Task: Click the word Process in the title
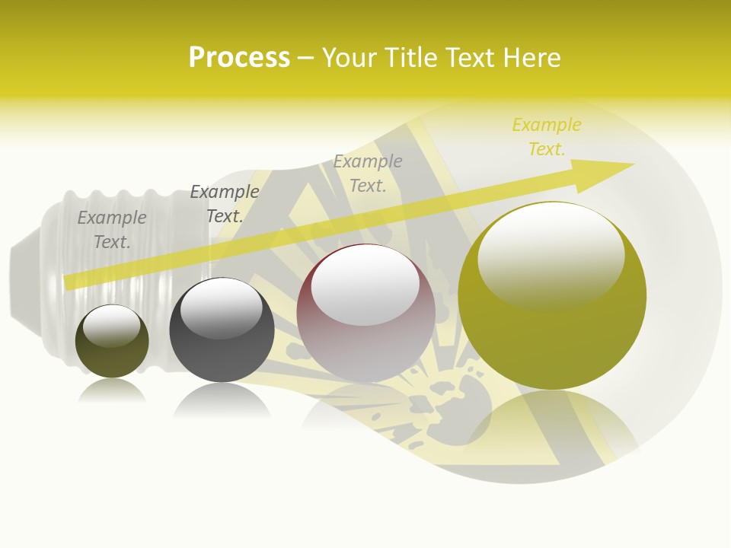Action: pyautogui.click(x=239, y=57)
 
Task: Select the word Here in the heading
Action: pyautogui.click(x=532, y=58)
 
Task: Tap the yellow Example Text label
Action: pyautogui.click(x=546, y=137)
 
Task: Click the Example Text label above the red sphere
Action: pyautogui.click(x=368, y=173)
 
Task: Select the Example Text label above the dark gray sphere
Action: pyautogui.click(x=224, y=204)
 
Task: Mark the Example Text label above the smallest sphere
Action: pyautogui.click(x=112, y=229)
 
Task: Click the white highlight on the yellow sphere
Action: pyautogui.click(x=551, y=255)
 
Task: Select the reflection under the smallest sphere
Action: pyautogui.click(x=112, y=390)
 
